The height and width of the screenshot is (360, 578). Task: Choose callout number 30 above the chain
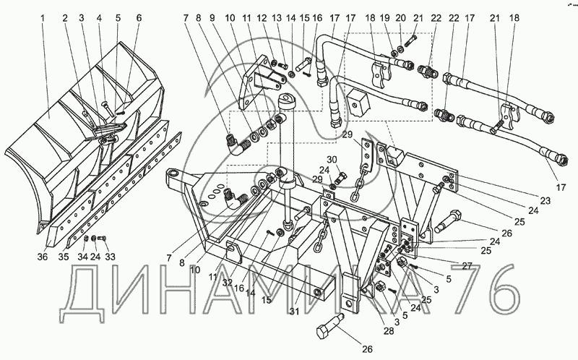tap(332, 160)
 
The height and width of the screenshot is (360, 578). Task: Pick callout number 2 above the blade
tap(66, 17)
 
